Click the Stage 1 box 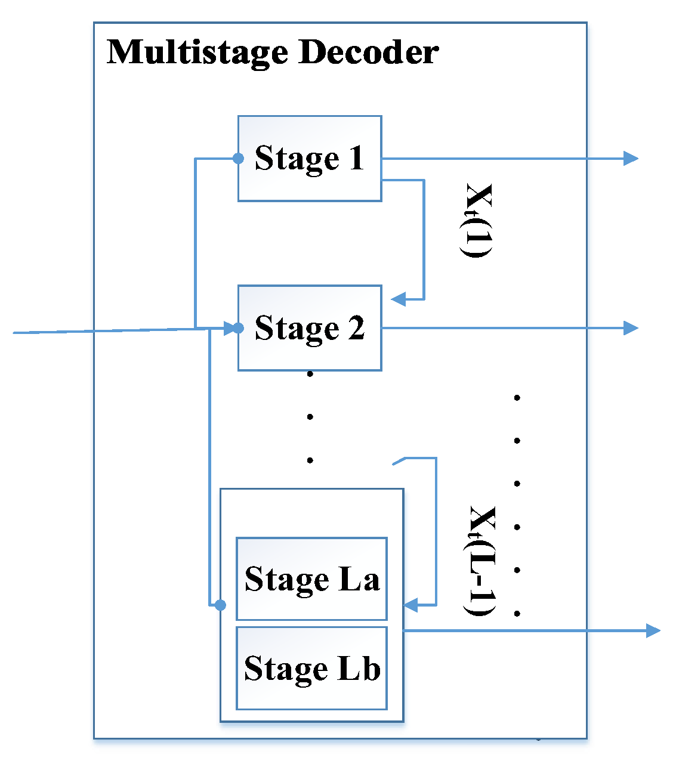(309, 159)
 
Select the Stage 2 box (309, 328)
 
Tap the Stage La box (311, 579)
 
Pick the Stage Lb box (311, 668)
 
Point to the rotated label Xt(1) (478, 221)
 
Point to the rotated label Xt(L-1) (481, 561)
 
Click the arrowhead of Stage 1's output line (631, 158)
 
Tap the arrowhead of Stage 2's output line (631, 327)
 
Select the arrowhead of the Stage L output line (653, 630)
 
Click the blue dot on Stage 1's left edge (238, 159)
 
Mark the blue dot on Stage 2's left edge (238, 328)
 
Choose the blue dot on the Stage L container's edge (220, 605)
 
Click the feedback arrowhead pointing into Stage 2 (398, 299)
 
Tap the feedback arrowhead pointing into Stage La (411, 605)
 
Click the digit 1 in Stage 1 (356, 159)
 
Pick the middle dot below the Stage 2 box (310, 417)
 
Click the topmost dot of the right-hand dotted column (517, 397)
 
